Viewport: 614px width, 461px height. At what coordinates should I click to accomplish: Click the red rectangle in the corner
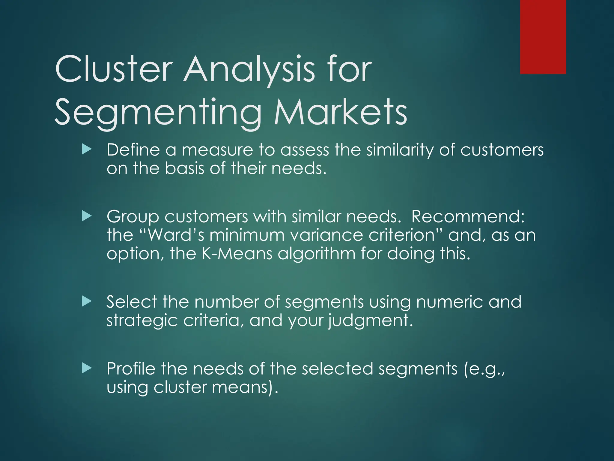coord(543,37)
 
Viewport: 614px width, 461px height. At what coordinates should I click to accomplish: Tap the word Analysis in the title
coord(249,70)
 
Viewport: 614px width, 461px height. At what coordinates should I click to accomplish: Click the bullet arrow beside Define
coord(86,149)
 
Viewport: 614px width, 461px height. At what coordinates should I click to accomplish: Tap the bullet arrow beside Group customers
coord(86,216)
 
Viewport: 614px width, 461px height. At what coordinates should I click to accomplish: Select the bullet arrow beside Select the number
coord(86,301)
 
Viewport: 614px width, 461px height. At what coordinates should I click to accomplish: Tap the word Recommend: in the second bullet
coord(468,216)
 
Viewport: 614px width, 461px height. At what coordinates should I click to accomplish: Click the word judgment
coord(370,321)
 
